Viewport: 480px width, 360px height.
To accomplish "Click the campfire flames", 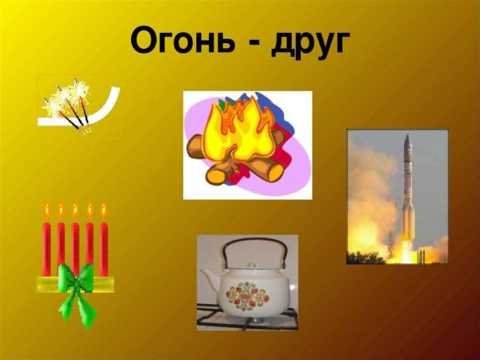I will click(x=239, y=128).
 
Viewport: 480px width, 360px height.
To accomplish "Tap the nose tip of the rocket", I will click(x=406, y=137).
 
